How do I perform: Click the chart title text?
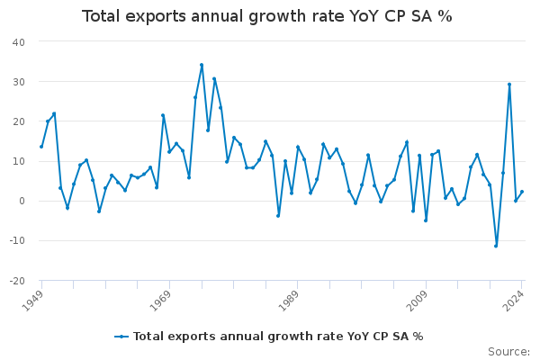point(267,17)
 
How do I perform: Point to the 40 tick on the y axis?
point(19,42)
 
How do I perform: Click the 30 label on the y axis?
point(19,82)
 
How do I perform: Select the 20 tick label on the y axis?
point(19,121)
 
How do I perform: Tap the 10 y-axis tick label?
point(19,161)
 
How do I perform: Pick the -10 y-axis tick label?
point(17,241)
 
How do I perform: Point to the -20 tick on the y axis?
point(17,281)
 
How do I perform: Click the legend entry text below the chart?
point(278,337)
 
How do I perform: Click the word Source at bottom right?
point(508,352)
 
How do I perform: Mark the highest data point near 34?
point(202,65)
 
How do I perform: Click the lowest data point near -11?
point(496,246)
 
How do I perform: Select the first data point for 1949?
point(41,147)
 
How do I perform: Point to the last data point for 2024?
point(522,192)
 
